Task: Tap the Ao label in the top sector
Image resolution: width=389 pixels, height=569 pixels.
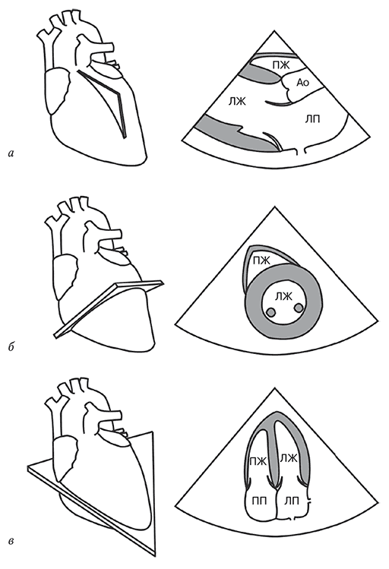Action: (x=302, y=83)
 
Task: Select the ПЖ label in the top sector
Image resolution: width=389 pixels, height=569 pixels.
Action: (x=280, y=65)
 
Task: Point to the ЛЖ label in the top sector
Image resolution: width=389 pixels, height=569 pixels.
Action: (x=237, y=102)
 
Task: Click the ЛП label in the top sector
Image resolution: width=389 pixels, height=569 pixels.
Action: (x=312, y=119)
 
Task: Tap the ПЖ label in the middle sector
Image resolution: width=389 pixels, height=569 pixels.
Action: (x=261, y=260)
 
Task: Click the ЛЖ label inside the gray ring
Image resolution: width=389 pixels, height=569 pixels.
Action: (x=283, y=297)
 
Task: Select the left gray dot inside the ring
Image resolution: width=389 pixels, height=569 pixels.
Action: (x=270, y=311)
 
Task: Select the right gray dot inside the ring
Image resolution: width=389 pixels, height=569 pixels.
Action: (x=299, y=308)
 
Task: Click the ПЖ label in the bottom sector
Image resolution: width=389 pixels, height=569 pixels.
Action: (x=258, y=461)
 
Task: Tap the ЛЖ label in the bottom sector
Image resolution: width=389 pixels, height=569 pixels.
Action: (x=289, y=458)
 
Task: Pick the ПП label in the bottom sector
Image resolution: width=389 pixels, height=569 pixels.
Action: (x=259, y=501)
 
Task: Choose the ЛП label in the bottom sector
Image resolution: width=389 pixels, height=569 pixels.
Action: (x=291, y=501)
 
